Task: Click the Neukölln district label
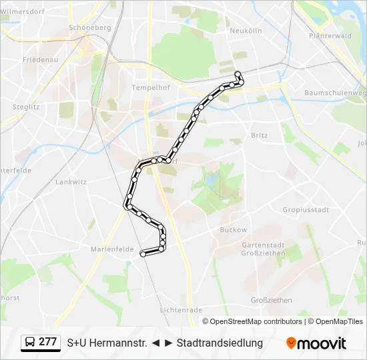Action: click(x=246, y=31)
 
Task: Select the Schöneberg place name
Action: click(x=89, y=27)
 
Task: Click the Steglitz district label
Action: click(x=26, y=107)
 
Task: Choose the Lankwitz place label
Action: click(x=71, y=181)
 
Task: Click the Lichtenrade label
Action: click(x=181, y=310)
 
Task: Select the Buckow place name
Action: click(x=233, y=230)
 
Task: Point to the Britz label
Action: click(x=259, y=135)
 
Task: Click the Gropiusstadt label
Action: click(x=306, y=209)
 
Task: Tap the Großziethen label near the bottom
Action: click(x=272, y=301)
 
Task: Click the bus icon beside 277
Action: click(x=30, y=343)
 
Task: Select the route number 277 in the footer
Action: click(x=47, y=343)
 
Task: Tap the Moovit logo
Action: click(x=316, y=343)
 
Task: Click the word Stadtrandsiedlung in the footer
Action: click(x=220, y=343)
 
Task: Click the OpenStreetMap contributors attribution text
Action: click(x=256, y=321)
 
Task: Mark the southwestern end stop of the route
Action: click(x=142, y=253)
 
